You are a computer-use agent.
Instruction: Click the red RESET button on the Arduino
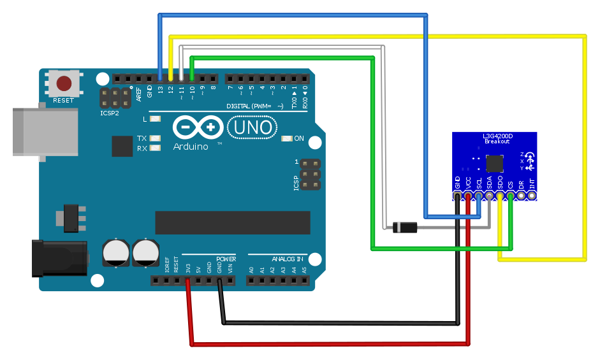(x=64, y=83)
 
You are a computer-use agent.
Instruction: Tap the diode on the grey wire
(x=405, y=226)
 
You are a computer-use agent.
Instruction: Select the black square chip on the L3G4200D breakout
(x=494, y=164)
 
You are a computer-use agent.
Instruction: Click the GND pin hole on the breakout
(x=458, y=196)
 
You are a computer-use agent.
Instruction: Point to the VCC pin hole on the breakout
(x=469, y=196)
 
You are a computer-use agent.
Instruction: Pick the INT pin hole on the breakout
(x=532, y=196)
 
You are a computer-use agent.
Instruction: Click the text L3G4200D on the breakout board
(x=494, y=136)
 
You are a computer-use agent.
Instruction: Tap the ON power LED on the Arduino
(x=286, y=138)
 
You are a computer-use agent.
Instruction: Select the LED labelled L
(x=155, y=119)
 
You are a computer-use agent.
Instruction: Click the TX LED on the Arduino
(x=155, y=138)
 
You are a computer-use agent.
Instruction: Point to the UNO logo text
(x=253, y=129)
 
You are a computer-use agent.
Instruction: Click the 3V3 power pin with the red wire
(x=187, y=280)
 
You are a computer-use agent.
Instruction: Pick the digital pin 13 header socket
(x=160, y=79)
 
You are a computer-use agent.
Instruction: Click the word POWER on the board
(x=226, y=259)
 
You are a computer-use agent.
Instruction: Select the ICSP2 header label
(x=110, y=113)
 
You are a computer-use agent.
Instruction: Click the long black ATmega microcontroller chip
(x=233, y=222)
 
